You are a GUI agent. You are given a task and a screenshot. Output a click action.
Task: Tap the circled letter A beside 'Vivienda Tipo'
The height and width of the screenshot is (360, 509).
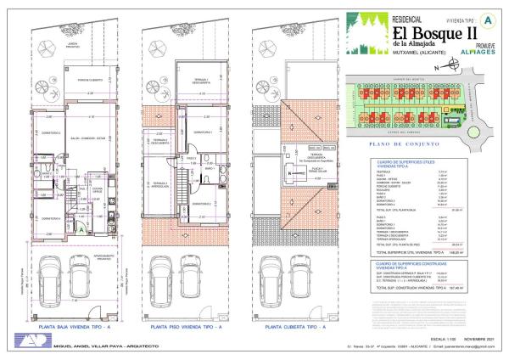(486, 18)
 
